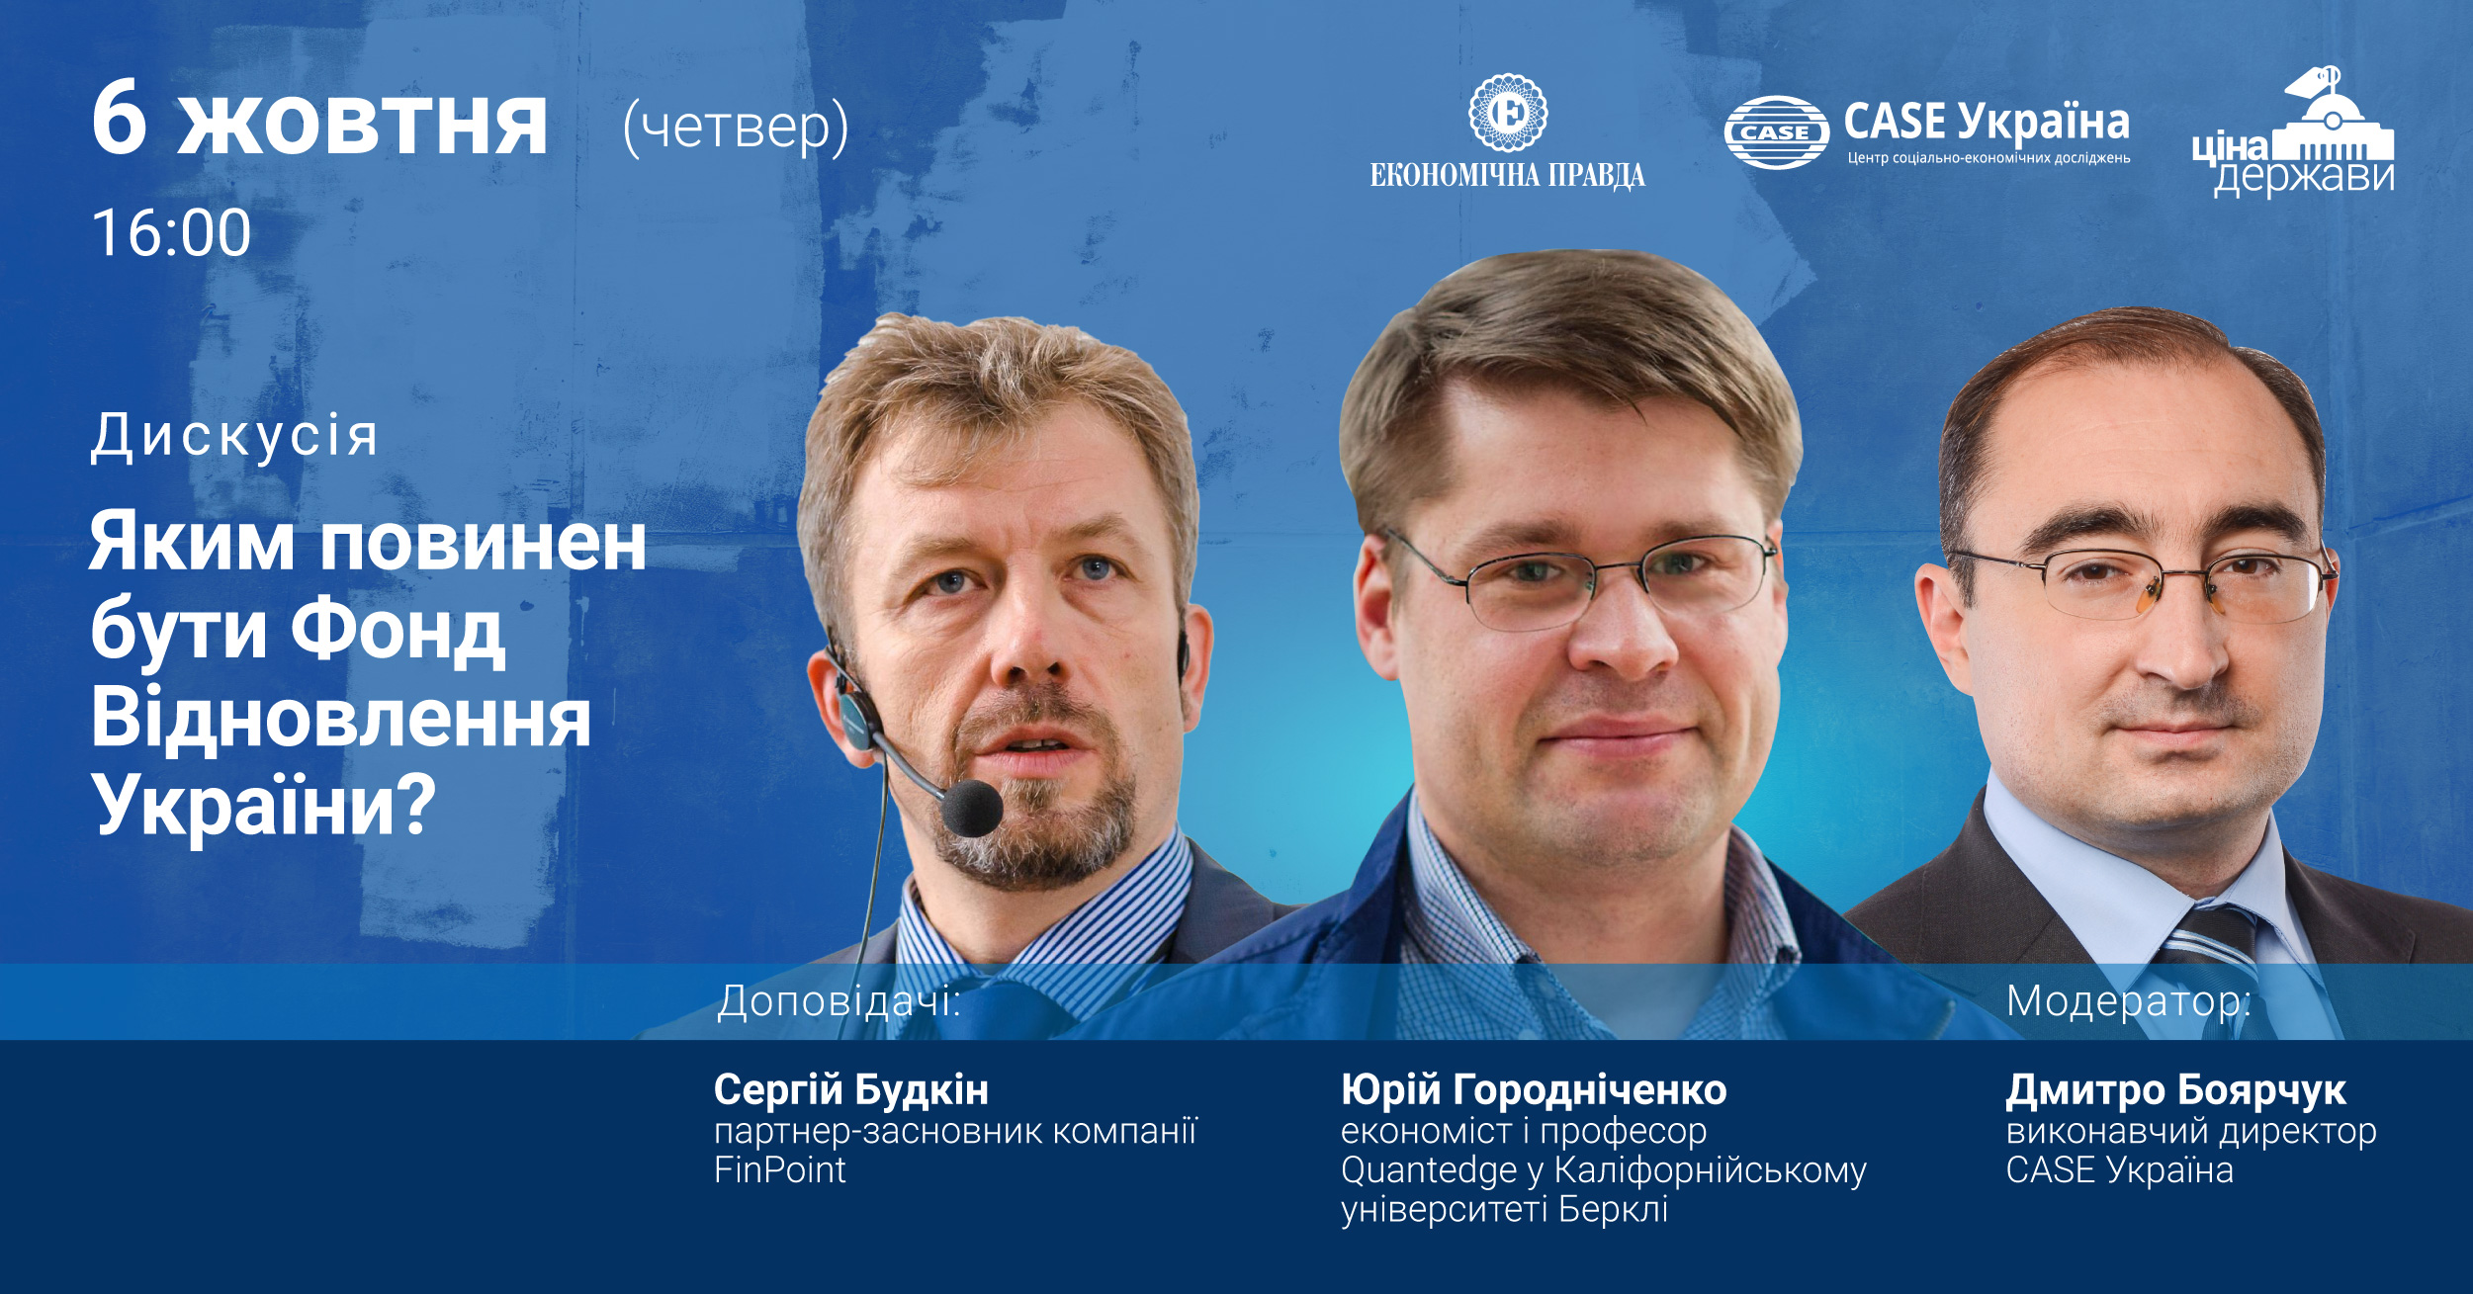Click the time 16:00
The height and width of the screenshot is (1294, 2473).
click(x=171, y=233)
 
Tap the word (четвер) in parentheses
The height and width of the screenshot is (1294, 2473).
click(x=736, y=129)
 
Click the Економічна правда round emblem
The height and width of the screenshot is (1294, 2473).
click(x=1507, y=112)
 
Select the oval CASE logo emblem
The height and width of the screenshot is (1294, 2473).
click(x=1776, y=132)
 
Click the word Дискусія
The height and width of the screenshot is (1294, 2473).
click(x=234, y=436)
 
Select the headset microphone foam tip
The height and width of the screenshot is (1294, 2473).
click(x=972, y=808)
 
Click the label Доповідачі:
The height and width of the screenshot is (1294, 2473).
click(x=839, y=1000)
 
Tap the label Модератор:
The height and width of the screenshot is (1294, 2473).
click(x=2128, y=1001)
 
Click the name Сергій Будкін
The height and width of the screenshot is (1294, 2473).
click(x=851, y=1089)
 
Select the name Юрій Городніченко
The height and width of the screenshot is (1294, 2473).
click(x=1534, y=1089)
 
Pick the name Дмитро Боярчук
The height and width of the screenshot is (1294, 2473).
click(x=2175, y=1090)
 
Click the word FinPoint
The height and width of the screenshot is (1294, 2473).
click(x=780, y=1169)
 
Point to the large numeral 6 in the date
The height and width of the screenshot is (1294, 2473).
click(x=120, y=120)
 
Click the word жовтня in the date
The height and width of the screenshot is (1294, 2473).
click(x=362, y=127)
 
